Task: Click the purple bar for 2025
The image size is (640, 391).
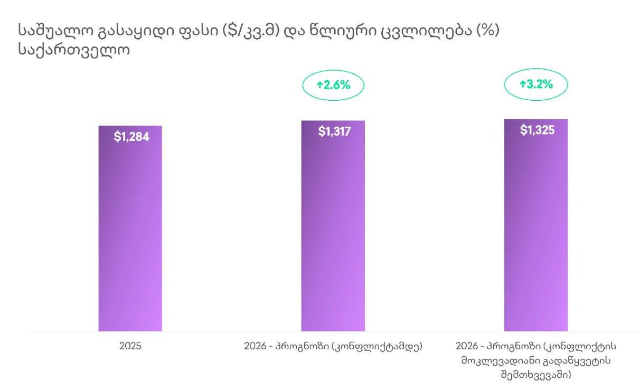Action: (130, 232)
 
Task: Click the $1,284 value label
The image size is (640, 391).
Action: (131, 137)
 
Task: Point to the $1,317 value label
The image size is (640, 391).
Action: (334, 131)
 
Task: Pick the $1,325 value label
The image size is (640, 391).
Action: (537, 130)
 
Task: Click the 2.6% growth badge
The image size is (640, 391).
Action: (333, 84)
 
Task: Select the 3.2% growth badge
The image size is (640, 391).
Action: (536, 84)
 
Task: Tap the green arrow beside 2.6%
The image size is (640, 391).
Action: (319, 84)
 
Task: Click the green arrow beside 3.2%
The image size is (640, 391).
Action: (522, 84)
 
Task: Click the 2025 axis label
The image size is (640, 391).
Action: (130, 347)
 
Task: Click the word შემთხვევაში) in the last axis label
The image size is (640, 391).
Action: (536, 375)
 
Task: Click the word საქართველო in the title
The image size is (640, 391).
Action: (73, 51)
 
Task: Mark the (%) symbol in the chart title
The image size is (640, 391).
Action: (488, 31)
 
